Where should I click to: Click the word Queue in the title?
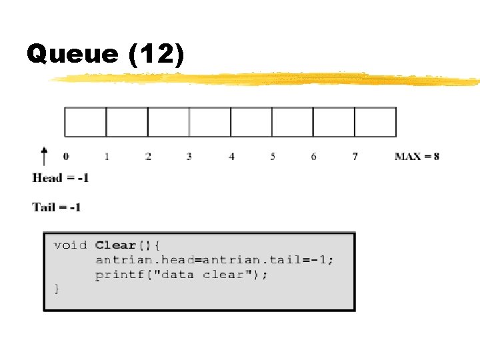click(x=72, y=55)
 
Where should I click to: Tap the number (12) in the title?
click(x=156, y=55)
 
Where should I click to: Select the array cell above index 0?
click(x=85, y=122)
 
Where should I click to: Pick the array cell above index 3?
click(x=210, y=122)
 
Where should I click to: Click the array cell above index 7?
click(x=375, y=122)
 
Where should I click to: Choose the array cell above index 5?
click(x=293, y=122)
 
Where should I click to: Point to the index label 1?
click(x=107, y=157)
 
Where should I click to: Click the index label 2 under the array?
click(x=148, y=157)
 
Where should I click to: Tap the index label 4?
click(x=231, y=157)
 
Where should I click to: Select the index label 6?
click(x=313, y=157)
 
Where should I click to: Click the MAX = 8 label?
click(x=417, y=157)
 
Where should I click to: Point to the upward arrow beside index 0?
click(x=44, y=156)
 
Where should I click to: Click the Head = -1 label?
click(x=61, y=178)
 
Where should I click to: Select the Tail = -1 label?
click(x=57, y=207)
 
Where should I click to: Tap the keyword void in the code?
click(x=70, y=245)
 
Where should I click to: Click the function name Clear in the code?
click(x=115, y=245)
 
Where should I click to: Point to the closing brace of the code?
click(x=57, y=289)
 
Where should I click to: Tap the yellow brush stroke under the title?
click(x=267, y=79)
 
